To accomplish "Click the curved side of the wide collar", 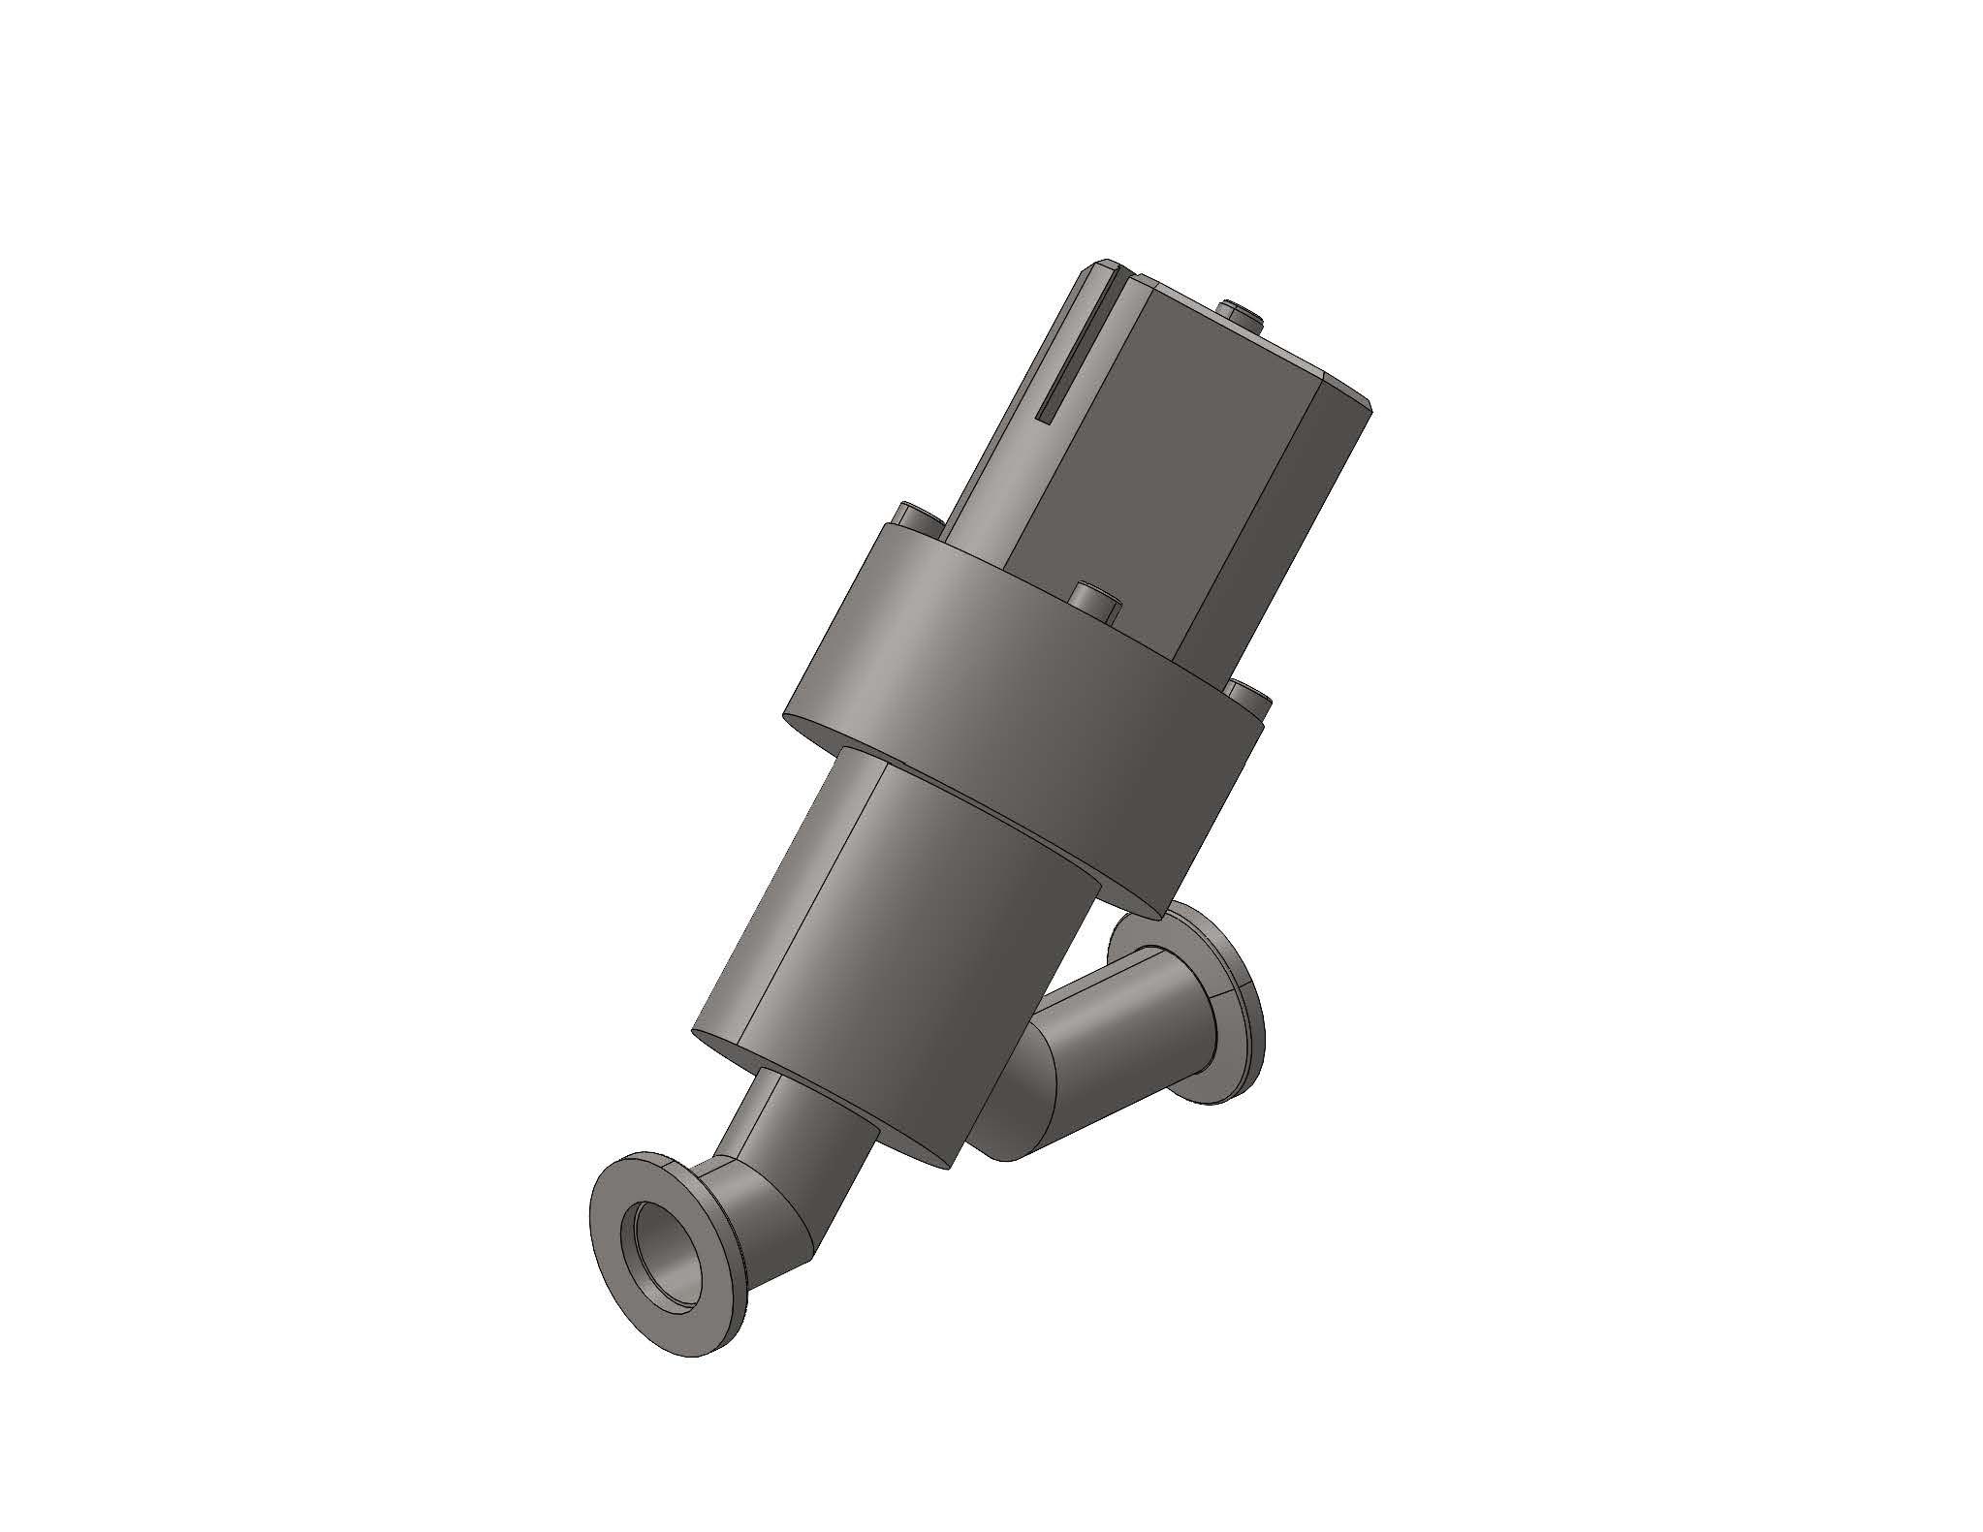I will point(969,678).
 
